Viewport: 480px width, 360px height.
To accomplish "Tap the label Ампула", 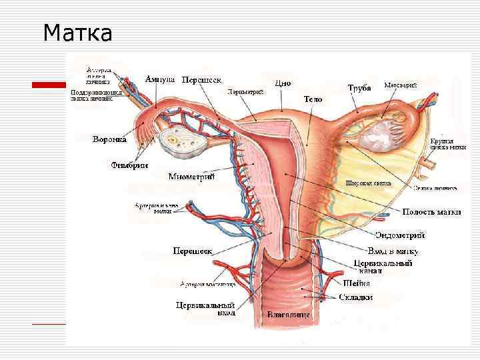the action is (161, 79).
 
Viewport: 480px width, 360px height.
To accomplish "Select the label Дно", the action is (283, 84).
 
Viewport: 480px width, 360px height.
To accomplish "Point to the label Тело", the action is (313, 99).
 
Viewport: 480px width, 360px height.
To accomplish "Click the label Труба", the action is (359, 88).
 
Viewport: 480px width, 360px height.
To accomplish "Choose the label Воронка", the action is (110, 140).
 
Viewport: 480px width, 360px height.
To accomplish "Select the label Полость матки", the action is (431, 212).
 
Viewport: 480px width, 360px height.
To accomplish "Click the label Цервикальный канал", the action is (381, 267).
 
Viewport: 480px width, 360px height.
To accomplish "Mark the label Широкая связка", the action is (368, 183).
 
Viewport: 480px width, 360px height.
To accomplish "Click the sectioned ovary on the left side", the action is (174, 142).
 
